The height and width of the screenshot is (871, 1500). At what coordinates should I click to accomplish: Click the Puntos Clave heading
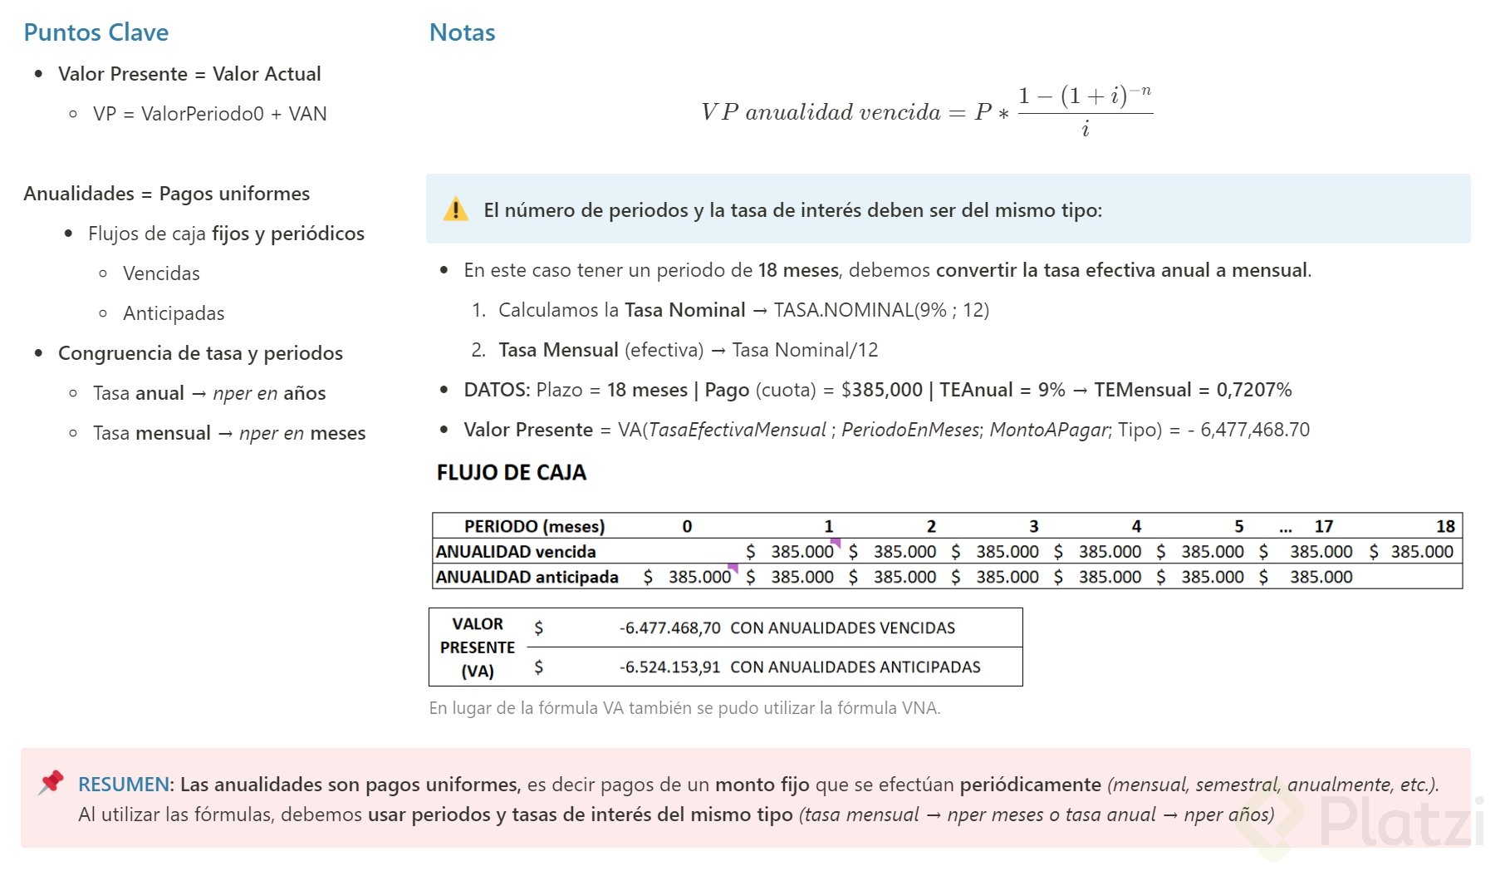[x=96, y=32]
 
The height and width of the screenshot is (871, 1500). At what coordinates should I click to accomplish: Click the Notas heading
[x=462, y=32]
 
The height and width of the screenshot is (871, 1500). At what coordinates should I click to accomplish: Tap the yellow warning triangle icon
[x=455, y=209]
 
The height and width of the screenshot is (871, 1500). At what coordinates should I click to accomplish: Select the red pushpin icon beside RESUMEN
[x=51, y=782]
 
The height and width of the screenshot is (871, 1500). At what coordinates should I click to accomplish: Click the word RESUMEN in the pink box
[x=123, y=785]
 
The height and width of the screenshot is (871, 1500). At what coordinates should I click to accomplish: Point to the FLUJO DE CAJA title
[x=511, y=473]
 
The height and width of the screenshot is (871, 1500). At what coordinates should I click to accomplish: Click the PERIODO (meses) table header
[x=534, y=526]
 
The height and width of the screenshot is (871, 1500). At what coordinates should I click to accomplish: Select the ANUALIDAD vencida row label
[x=515, y=552]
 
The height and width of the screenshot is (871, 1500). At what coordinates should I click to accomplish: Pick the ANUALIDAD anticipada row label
[x=527, y=577]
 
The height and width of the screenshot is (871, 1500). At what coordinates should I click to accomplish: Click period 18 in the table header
[x=1445, y=526]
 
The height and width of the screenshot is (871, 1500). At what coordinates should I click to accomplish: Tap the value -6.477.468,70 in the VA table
[x=669, y=628]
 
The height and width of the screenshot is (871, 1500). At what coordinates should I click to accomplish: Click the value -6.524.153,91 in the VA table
[x=669, y=667]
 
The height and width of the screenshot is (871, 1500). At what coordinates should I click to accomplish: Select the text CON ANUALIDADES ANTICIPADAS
[x=855, y=667]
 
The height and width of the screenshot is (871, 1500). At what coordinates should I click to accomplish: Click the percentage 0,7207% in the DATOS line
[x=1254, y=390]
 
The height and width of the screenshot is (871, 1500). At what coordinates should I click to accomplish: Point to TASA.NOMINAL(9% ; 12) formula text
[x=881, y=310]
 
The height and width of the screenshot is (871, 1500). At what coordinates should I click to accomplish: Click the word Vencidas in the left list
[x=161, y=273]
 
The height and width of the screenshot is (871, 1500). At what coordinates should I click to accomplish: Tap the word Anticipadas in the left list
[x=174, y=313]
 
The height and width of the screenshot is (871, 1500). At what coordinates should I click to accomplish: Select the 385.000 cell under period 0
[x=699, y=577]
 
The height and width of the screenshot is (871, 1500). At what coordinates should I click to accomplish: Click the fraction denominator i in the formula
[x=1085, y=130]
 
